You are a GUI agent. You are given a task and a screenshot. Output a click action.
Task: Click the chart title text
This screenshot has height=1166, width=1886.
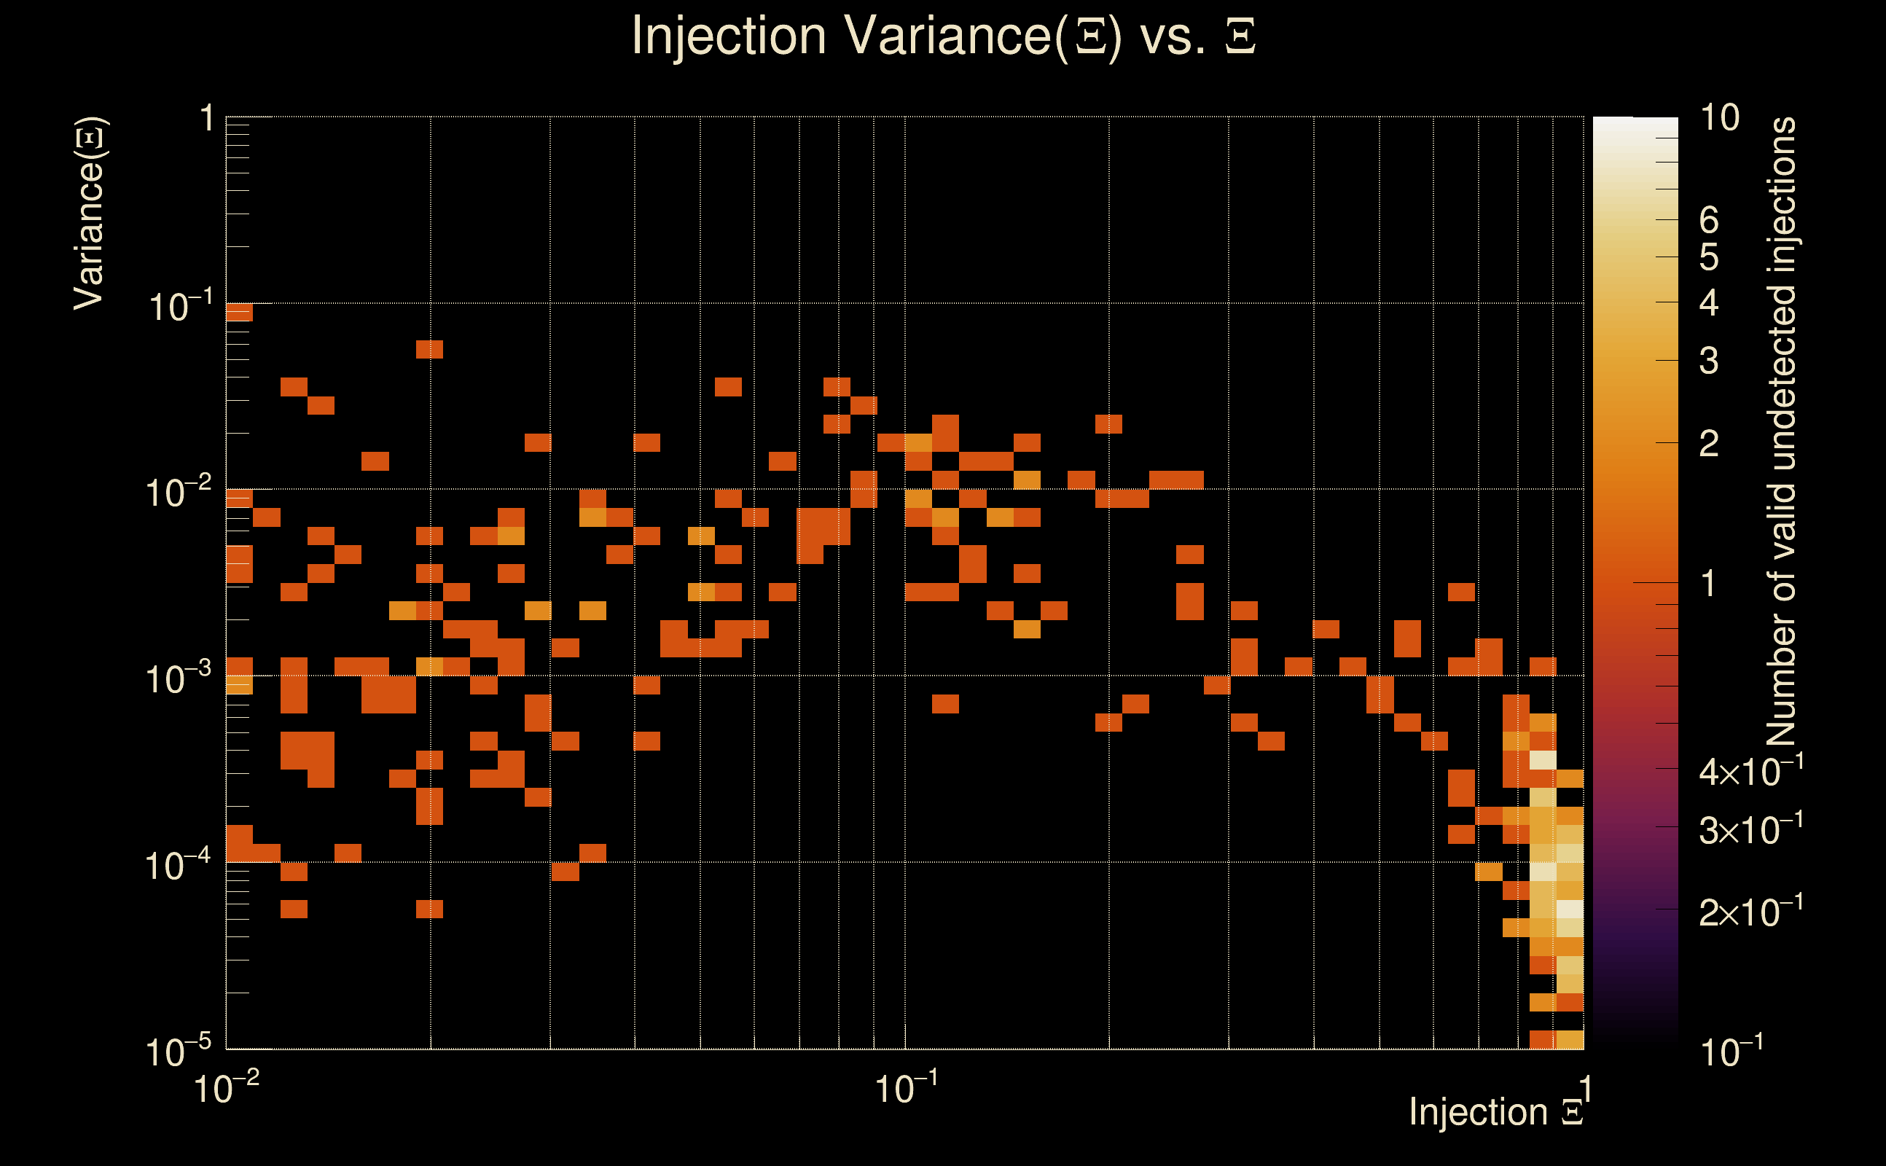click(943, 36)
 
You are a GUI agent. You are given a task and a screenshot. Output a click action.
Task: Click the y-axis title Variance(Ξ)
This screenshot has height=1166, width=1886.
click(90, 214)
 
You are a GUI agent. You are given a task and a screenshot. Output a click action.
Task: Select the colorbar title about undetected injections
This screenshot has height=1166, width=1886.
click(1781, 432)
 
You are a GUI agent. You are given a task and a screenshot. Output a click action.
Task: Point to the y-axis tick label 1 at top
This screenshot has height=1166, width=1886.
click(207, 120)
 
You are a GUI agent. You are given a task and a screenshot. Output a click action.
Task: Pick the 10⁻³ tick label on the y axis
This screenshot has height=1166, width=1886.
click(178, 678)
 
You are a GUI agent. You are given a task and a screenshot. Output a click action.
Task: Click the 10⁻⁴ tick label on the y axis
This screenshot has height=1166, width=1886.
click(178, 865)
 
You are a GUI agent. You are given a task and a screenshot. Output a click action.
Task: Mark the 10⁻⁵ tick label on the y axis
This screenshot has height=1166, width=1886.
click(178, 1051)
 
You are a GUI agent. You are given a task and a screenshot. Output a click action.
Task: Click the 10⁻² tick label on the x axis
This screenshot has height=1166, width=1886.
click(226, 1088)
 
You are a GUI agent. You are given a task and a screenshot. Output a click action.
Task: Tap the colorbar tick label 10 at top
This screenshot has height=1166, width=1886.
click(1719, 118)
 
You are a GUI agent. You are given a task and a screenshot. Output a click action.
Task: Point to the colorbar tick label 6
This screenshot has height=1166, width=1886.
click(1709, 221)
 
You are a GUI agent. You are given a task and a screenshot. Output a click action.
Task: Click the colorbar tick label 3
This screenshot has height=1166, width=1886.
click(1709, 361)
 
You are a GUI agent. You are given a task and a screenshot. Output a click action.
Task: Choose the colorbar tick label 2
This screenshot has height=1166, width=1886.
click(1709, 443)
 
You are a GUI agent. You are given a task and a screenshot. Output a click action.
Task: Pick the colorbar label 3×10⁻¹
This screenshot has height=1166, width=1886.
click(1750, 830)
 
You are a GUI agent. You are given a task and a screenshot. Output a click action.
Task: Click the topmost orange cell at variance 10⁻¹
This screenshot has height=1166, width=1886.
click(239, 313)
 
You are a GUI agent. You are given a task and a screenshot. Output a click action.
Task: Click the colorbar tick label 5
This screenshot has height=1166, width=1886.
click(1709, 257)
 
